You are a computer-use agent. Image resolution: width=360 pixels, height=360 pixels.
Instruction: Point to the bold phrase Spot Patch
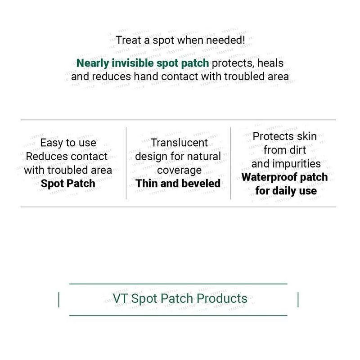click(x=68, y=184)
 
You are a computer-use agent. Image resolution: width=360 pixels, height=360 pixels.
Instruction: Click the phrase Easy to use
click(x=68, y=143)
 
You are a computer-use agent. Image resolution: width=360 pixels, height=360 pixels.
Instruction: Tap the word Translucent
click(x=179, y=143)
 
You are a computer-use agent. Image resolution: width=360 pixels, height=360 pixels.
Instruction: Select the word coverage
click(x=179, y=170)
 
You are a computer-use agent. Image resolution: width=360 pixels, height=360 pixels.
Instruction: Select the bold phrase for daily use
click(x=286, y=190)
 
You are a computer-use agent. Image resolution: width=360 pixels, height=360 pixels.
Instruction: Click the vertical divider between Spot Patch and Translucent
click(x=126, y=163)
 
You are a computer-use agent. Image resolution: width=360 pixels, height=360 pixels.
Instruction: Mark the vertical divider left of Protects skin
click(x=230, y=163)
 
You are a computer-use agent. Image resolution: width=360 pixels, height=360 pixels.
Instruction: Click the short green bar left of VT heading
click(x=59, y=299)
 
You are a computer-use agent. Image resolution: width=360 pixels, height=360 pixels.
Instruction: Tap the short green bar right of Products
click(x=298, y=299)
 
